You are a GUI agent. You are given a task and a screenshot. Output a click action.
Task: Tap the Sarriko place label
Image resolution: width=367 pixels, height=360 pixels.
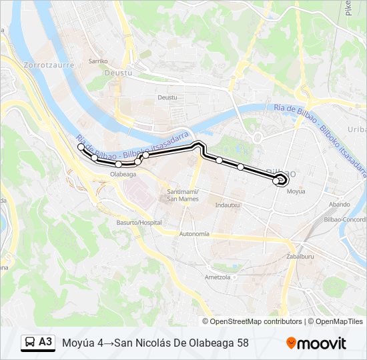(x=98, y=61)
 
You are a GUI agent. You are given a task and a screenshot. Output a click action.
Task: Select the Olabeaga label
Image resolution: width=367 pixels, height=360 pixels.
(x=123, y=174)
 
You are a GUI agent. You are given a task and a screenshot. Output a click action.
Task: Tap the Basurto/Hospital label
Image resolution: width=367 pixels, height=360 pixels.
(x=139, y=222)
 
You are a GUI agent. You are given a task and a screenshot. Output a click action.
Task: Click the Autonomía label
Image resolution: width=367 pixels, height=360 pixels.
(x=194, y=234)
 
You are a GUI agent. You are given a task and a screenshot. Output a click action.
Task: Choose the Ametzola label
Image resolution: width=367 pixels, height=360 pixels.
(x=218, y=277)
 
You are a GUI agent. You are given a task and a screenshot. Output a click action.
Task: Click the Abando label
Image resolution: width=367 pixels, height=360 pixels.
(x=339, y=205)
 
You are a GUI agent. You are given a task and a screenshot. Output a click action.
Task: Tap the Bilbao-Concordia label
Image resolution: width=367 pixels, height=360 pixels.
(x=346, y=219)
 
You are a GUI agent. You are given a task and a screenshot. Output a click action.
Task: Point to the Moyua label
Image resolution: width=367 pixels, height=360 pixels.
(x=296, y=191)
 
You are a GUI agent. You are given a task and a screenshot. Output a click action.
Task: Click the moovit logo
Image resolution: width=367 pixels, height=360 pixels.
(x=316, y=343)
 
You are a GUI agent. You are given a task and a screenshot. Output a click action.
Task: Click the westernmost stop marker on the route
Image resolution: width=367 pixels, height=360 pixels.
(x=81, y=147)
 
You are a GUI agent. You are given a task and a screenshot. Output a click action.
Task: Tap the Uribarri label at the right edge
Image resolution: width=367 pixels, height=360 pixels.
(x=358, y=129)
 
